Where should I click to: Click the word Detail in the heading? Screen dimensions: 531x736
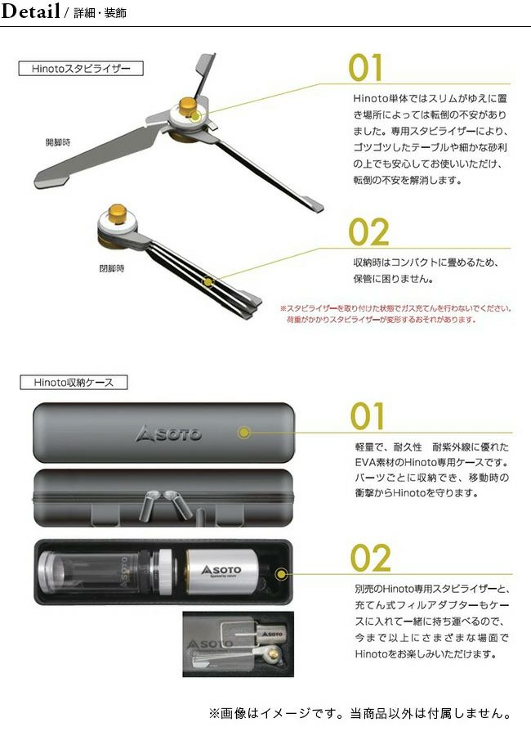tap(30, 11)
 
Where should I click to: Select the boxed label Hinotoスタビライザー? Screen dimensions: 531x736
tap(81, 69)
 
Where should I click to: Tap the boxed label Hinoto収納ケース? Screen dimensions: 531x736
tap(74, 382)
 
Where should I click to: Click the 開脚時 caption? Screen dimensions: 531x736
tap(58, 142)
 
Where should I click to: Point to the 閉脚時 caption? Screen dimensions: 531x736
tap(112, 268)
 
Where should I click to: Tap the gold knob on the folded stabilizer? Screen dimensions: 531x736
tap(116, 213)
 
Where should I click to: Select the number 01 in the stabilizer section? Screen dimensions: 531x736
tap(365, 68)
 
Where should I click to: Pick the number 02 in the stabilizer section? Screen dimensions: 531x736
tap(368, 232)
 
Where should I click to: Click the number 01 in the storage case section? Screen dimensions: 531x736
tap(368, 416)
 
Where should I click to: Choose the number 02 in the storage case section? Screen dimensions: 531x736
tap(371, 558)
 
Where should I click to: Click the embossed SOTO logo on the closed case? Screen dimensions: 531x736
tap(168, 433)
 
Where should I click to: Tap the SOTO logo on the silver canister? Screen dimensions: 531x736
tap(221, 570)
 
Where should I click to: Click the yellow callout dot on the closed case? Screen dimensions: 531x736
tap(244, 433)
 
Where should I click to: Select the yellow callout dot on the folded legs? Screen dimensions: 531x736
tap(208, 282)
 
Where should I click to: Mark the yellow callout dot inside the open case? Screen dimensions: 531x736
tap(281, 573)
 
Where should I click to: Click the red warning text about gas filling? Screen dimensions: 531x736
tap(396, 314)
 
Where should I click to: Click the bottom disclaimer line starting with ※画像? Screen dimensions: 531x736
tap(360, 713)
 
